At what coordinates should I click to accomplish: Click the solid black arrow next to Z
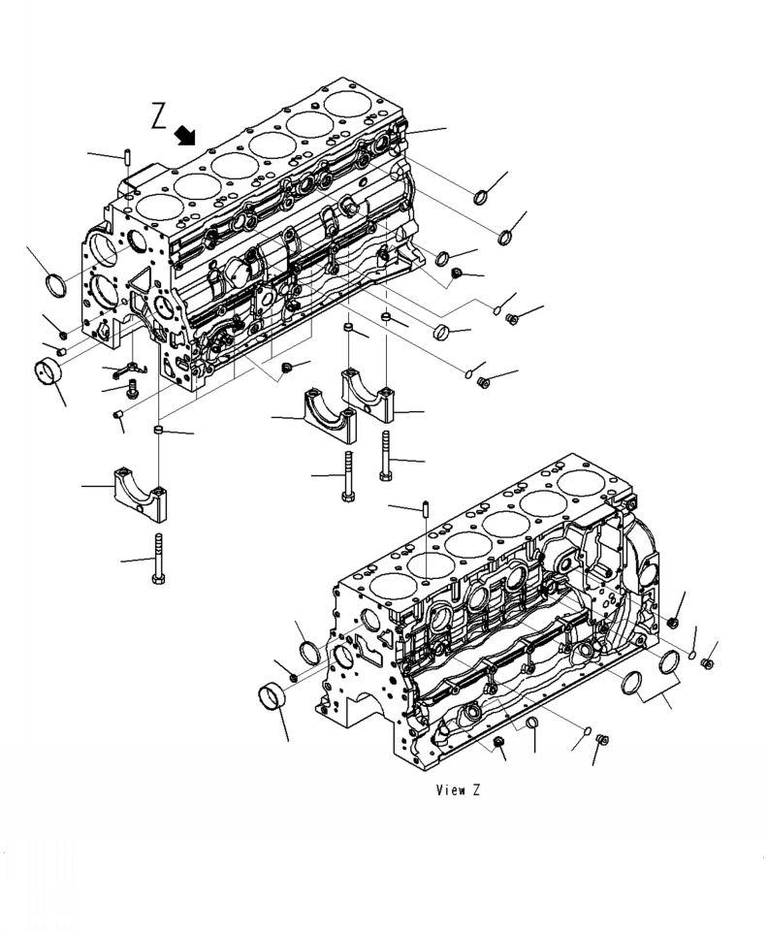point(184,135)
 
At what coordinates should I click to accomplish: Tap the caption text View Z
point(459,790)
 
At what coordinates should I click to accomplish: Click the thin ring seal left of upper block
point(57,285)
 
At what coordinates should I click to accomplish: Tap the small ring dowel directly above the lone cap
point(157,429)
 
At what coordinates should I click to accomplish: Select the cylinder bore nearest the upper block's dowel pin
point(151,206)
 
